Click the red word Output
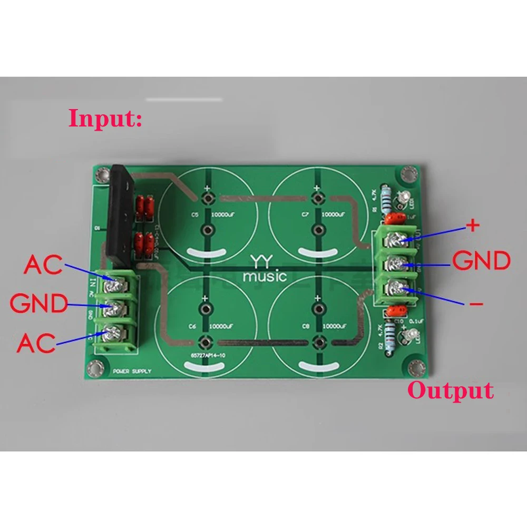coord(451,391)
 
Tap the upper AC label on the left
coord(42,265)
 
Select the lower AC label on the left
coord(36,343)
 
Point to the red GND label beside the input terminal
coord(38,304)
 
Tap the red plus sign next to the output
coord(473,226)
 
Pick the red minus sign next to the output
coord(475,304)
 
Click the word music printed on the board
coord(263,276)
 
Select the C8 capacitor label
coord(306,325)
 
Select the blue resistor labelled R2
coord(391,334)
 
